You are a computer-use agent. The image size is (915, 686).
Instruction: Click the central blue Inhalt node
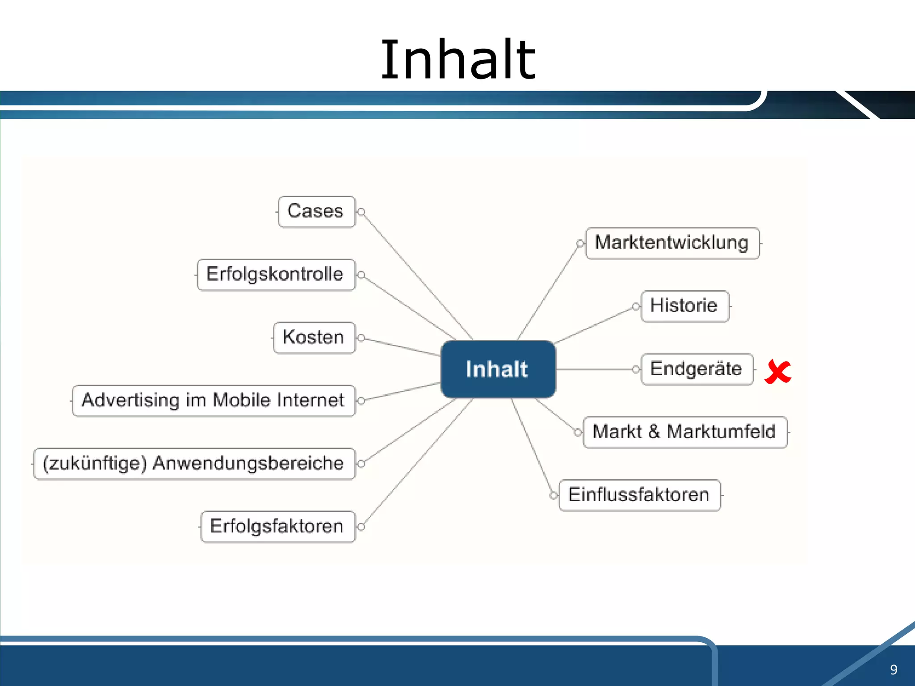498,369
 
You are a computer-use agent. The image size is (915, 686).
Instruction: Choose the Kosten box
314,338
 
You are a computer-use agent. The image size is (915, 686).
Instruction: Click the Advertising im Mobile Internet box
213,401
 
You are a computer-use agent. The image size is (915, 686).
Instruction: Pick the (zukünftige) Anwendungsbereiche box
194,464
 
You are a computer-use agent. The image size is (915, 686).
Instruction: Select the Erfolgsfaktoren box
277,527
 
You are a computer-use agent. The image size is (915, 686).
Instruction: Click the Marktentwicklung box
672,243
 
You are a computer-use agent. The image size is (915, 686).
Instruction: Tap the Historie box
684,306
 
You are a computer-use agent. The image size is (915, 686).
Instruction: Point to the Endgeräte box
697,369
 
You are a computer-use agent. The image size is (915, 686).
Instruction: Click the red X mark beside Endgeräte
777,372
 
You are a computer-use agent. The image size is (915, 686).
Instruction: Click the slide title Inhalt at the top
457,60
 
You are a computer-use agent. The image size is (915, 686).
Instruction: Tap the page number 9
894,669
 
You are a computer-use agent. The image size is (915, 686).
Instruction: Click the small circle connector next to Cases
361,212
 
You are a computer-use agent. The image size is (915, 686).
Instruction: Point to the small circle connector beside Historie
635,306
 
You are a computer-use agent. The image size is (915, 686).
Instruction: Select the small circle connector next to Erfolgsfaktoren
361,527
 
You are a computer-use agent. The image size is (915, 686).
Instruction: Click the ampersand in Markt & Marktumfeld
654,432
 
